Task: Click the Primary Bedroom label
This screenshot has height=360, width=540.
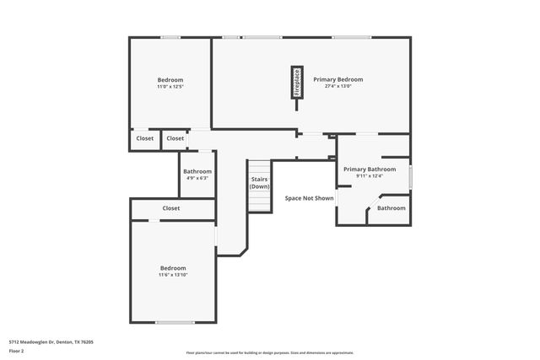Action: (x=337, y=79)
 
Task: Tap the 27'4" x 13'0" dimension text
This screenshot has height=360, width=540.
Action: (x=337, y=86)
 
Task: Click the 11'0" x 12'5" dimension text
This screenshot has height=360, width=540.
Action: (x=170, y=86)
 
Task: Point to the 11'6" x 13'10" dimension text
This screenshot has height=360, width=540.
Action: (x=173, y=274)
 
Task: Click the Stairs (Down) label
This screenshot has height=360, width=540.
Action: (x=259, y=182)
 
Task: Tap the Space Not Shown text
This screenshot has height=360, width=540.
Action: (x=309, y=198)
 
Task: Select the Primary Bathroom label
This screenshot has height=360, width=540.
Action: (x=369, y=169)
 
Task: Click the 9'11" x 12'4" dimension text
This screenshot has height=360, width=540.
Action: (x=369, y=175)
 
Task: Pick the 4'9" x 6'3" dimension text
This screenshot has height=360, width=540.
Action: (x=197, y=178)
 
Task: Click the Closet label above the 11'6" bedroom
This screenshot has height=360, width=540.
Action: (x=171, y=207)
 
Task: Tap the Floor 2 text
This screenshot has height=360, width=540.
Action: (x=17, y=351)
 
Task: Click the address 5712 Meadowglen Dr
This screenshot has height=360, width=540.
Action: (x=51, y=341)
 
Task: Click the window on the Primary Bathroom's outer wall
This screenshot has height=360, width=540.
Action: (x=410, y=177)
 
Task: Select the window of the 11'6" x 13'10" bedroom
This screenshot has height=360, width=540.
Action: (x=175, y=322)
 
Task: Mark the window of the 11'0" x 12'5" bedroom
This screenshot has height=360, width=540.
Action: (x=170, y=37)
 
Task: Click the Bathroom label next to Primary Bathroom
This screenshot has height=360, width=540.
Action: (x=391, y=207)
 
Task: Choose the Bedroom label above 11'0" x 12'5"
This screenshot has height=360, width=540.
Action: (x=170, y=79)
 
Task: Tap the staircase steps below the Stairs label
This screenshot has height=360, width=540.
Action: (x=259, y=202)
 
